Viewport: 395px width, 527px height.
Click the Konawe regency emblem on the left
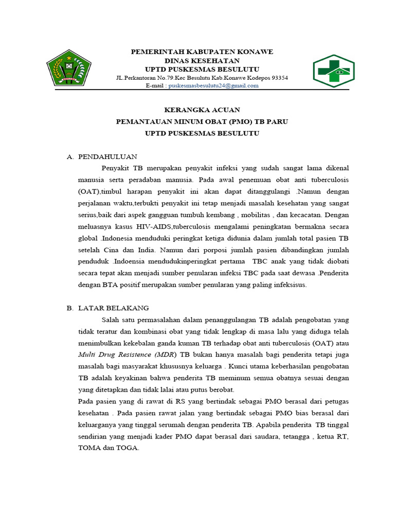[x=69, y=68]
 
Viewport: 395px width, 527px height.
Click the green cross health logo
[x=334, y=72]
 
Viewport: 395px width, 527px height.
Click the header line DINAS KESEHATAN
[x=202, y=61]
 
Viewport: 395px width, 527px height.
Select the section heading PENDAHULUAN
[x=107, y=157]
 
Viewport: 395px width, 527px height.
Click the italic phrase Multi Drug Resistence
[x=123, y=355]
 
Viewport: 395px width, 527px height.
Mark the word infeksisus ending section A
[x=290, y=285]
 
